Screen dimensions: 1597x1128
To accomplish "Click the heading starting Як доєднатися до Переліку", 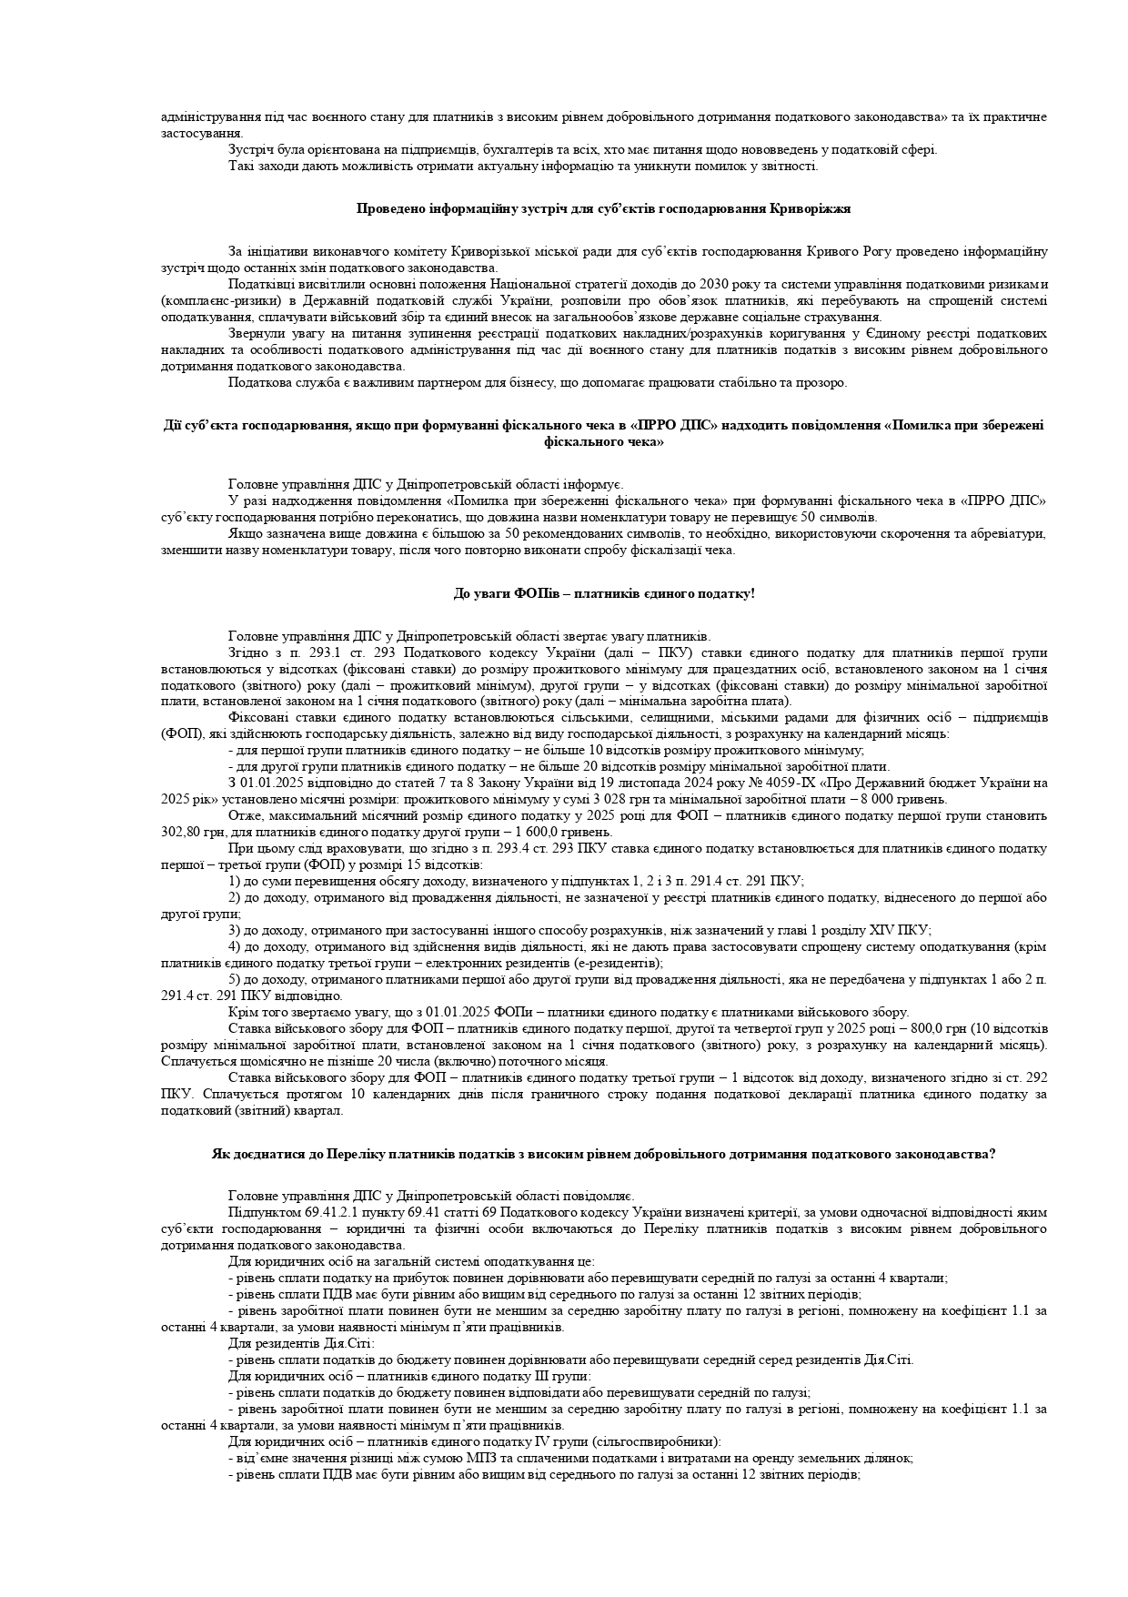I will coord(603,1154).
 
